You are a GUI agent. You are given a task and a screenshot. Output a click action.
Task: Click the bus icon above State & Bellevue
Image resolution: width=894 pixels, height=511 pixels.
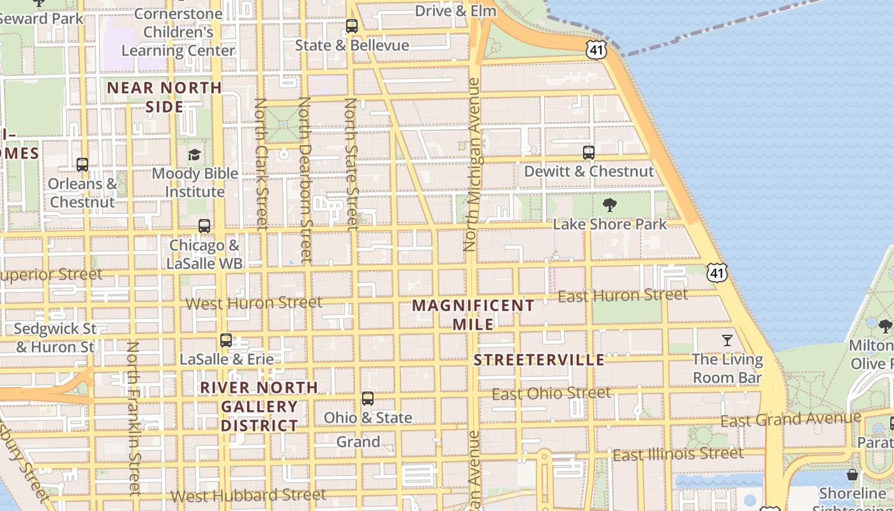352,26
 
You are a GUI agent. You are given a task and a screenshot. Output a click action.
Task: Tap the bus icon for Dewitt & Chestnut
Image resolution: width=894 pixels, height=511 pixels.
589,153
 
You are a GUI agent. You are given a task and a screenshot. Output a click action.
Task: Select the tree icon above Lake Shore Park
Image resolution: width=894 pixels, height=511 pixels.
610,205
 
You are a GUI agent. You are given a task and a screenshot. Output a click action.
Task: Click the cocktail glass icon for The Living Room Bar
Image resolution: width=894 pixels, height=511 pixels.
727,340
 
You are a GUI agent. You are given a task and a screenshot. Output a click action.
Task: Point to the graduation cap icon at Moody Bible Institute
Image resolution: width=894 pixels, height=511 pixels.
194,155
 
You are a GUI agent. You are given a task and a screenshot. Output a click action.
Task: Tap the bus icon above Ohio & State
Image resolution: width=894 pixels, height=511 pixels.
368,399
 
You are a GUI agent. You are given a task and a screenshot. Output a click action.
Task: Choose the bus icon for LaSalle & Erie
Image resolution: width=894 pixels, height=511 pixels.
226,340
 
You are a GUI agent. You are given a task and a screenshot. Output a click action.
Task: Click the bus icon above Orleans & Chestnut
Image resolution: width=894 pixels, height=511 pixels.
82,165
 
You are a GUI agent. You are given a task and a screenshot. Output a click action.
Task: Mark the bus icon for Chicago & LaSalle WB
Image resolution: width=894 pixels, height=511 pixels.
204,226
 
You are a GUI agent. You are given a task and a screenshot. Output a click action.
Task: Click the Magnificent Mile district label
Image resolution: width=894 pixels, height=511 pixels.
473,314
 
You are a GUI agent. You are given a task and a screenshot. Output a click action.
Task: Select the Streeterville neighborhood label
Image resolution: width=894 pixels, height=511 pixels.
539,360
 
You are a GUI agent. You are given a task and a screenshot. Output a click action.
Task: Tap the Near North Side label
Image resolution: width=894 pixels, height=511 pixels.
165,97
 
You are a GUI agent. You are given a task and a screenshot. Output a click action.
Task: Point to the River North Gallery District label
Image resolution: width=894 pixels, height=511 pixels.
259,406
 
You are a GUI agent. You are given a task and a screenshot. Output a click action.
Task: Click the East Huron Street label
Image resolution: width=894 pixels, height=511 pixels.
623,295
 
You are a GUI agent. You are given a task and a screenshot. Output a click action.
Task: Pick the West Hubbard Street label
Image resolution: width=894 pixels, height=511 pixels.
248,495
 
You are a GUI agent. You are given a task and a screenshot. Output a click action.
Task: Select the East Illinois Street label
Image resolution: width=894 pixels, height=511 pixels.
678,454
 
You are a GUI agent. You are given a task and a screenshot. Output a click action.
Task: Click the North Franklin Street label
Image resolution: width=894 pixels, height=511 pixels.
133,418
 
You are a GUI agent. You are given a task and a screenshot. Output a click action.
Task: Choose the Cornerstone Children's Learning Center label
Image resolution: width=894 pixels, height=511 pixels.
178,32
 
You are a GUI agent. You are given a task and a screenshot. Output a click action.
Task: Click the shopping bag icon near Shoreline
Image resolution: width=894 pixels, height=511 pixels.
852,475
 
